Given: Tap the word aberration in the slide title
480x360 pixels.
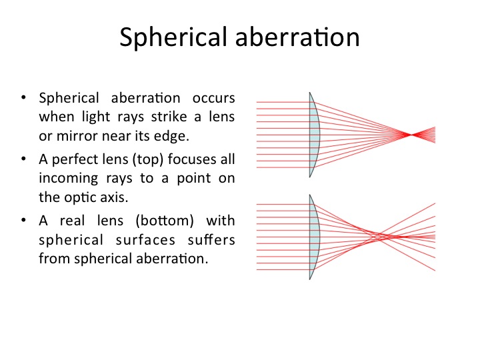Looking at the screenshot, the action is (297, 37).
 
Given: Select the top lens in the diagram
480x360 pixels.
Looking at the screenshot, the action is (315, 135).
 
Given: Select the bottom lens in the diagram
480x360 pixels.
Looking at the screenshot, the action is (315, 237).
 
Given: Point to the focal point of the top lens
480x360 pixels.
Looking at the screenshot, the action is (410, 135).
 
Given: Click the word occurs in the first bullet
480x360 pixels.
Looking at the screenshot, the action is (214, 98).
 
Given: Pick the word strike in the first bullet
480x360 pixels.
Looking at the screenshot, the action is (169, 117).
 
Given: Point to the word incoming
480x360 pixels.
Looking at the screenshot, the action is (69, 179).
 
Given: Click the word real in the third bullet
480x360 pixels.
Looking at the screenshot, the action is (72, 221).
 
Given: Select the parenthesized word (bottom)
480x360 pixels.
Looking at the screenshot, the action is (165, 221).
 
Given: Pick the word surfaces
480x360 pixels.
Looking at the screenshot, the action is (145, 240).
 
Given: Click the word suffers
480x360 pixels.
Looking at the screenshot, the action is (211, 239).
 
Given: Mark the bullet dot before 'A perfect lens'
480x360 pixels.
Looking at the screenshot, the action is (23, 159).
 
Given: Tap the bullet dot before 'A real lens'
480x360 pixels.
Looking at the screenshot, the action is (23, 221).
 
